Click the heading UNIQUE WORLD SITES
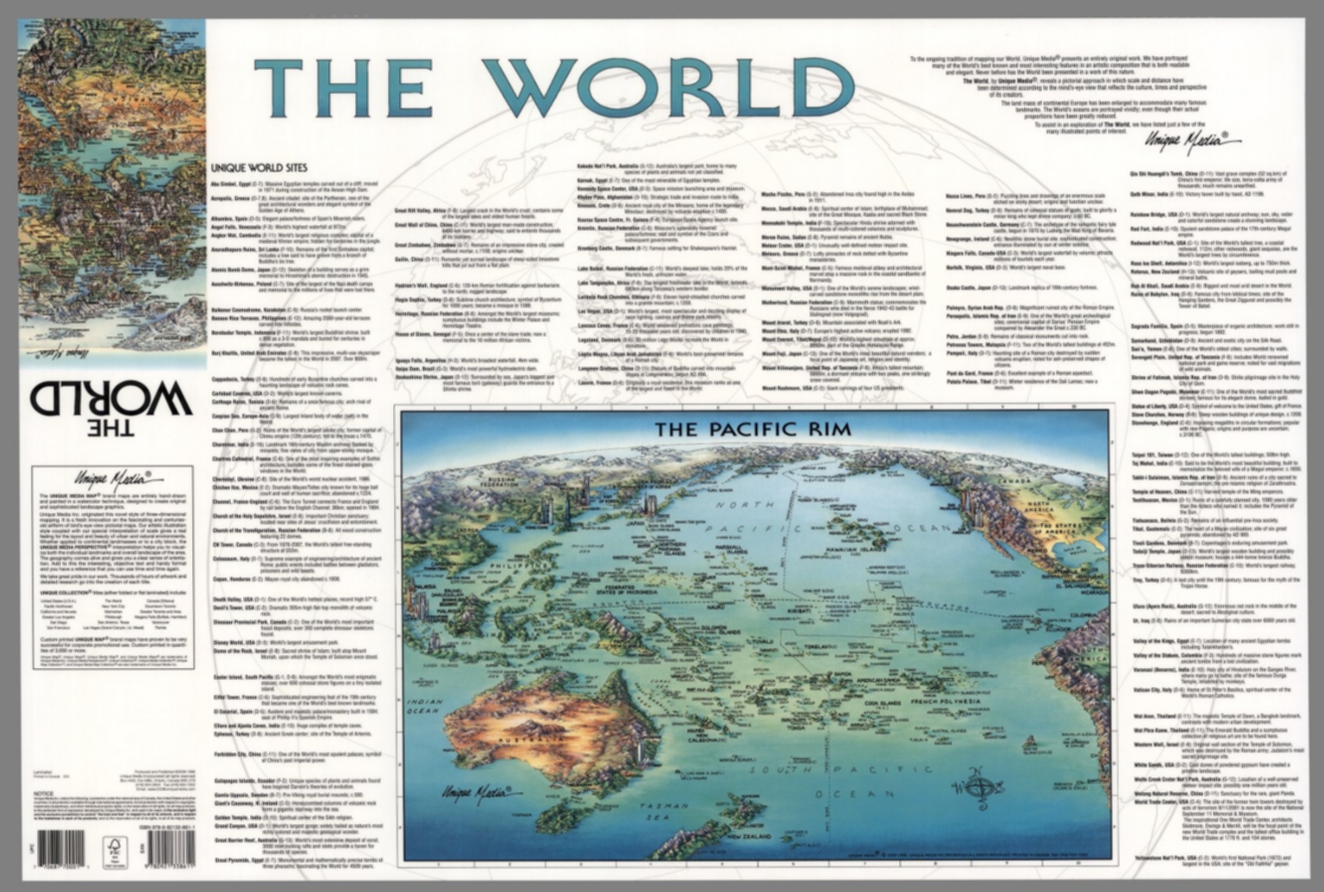[259, 168]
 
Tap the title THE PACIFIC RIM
[753, 428]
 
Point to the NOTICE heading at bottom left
[43, 792]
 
